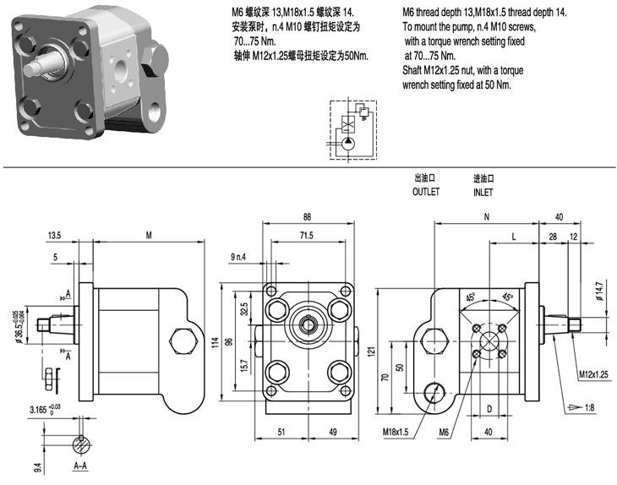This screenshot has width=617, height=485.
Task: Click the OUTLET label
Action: [426, 192]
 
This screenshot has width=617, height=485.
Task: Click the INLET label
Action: [483, 192]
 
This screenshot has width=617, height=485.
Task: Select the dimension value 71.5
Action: [305, 235]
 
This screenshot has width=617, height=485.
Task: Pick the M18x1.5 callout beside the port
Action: [395, 433]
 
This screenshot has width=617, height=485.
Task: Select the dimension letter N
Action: [487, 216]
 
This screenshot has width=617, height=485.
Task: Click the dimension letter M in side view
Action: [149, 235]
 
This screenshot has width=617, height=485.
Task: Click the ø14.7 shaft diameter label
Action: [599, 290]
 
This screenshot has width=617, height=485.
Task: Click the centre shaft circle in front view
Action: [307, 324]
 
